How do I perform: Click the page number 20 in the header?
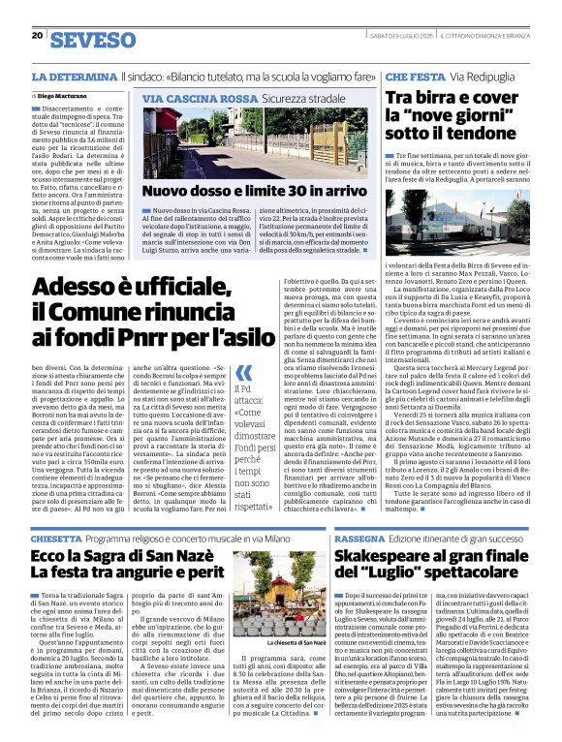coord(36,36)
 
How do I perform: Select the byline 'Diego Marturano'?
coord(67,98)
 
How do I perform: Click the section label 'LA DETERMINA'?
coord(75,76)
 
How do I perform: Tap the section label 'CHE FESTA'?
coord(416,76)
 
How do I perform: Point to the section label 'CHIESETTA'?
coord(56,538)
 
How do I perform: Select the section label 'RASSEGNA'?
coord(393,538)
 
